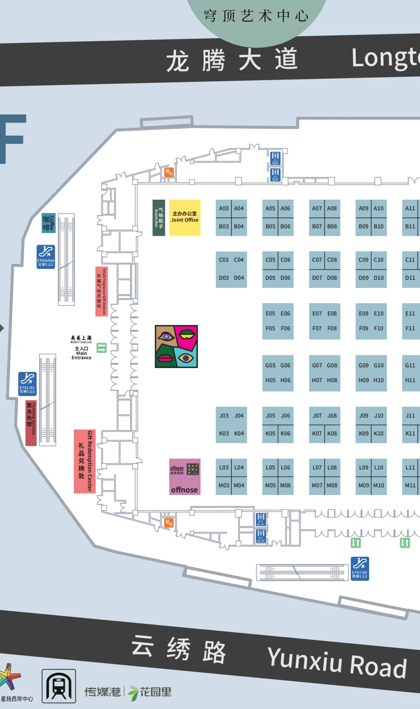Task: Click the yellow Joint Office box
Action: (x=185, y=218)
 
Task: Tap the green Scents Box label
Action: (x=159, y=218)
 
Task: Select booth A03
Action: (x=224, y=209)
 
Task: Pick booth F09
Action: (x=364, y=328)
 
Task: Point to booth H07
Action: (x=317, y=380)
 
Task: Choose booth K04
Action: (x=239, y=433)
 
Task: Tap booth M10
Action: (x=379, y=485)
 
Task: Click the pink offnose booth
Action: (x=185, y=477)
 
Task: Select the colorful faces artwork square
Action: (x=176, y=346)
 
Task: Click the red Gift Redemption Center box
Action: (x=85, y=461)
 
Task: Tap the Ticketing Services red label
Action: (x=31, y=423)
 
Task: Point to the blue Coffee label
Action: (x=49, y=223)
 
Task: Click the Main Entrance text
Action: (x=82, y=353)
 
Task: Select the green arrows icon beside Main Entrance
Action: (x=101, y=347)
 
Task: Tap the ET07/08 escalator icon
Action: (x=360, y=568)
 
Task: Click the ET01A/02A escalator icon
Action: (x=46, y=256)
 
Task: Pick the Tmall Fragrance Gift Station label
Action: (x=101, y=291)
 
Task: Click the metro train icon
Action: (x=59, y=686)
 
